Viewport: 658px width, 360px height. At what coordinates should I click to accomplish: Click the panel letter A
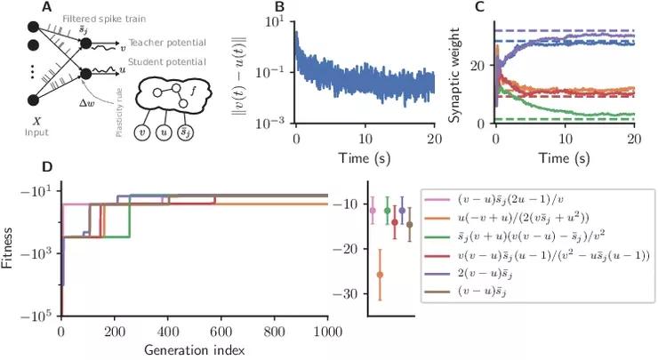click(x=33, y=9)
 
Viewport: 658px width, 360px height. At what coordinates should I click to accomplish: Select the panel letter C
click(x=481, y=9)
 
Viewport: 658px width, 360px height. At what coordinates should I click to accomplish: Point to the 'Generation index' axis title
click(x=194, y=348)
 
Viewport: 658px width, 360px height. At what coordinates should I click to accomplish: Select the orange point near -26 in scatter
click(x=380, y=275)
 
